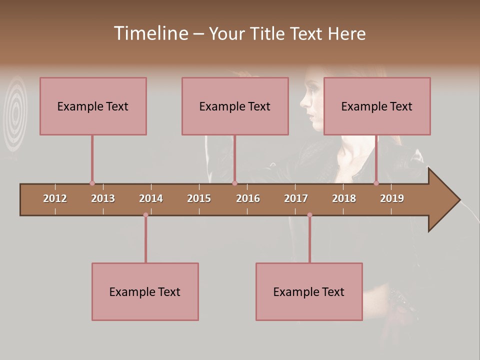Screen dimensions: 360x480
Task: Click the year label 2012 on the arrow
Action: (x=55, y=198)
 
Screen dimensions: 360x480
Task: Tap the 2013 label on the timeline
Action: (x=103, y=198)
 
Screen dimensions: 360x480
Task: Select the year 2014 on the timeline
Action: (x=151, y=198)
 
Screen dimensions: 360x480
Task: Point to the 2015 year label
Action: (x=199, y=198)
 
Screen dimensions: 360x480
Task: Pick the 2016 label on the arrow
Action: (x=248, y=198)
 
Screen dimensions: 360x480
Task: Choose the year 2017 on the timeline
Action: (x=296, y=198)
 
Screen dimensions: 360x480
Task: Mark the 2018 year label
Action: (x=344, y=198)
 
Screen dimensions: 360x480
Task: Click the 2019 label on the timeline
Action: (x=392, y=198)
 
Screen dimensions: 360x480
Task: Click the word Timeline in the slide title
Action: (x=150, y=33)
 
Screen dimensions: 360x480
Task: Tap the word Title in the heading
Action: (x=269, y=33)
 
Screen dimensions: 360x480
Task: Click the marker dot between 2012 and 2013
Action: (x=92, y=183)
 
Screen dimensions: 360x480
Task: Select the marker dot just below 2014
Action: (x=145, y=215)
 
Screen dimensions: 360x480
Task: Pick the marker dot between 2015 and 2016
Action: (x=234, y=183)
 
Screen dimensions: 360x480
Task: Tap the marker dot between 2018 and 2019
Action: (x=376, y=183)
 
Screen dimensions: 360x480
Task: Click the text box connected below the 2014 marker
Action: (x=145, y=291)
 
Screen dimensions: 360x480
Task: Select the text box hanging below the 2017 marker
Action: (x=309, y=291)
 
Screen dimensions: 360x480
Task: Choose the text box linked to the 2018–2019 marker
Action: (x=377, y=106)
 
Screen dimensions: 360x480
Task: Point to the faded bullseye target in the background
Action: (x=16, y=112)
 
